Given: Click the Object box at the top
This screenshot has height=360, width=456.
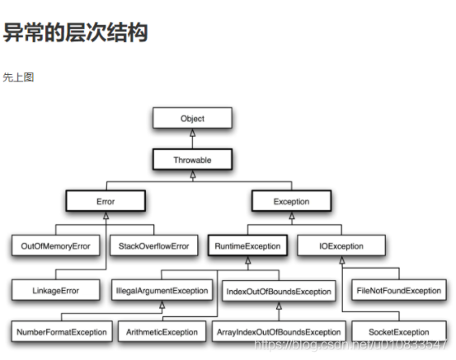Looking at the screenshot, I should pyautogui.click(x=192, y=119).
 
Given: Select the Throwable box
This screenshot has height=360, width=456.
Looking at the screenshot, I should pyautogui.click(x=192, y=159).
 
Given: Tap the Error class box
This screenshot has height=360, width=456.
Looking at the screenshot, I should pyautogui.click(x=106, y=201).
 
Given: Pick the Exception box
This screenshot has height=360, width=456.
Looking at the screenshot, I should pyautogui.click(x=291, y=201).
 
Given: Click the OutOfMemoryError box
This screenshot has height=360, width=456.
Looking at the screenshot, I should pyautogui.click(x=56, y=245).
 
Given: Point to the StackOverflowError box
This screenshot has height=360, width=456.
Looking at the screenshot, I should pyautogui.click(x=153, y=245).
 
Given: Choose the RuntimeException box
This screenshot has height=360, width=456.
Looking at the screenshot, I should pyautogui.click(x=248, y=245).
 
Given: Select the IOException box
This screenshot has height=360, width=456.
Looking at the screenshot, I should pyautogui.click(x=341, y=245).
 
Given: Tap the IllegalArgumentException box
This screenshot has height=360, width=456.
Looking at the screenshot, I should pyautogui.click(x=162, y=290).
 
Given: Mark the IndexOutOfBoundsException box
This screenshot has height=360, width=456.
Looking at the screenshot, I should pyautogui.click(x=278, y=291).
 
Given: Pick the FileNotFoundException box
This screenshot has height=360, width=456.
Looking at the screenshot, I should pyautogui.click(x=398, y=290).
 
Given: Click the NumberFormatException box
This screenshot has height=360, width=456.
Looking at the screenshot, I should pyautogui.click(x=62, y=332).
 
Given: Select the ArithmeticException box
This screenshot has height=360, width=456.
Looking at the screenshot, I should pyautogui.click(x=162, y=332).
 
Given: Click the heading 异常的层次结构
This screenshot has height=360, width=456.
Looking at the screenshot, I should pyautogui.click(x=75, y=33).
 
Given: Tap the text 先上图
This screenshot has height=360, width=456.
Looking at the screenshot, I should pyautogui.click(x=18, y=77).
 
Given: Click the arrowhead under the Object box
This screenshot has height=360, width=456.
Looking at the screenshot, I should pyautogui.click(x=192, y=133).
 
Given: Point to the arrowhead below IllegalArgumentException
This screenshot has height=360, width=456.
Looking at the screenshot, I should pyautogui.click(x=162, y=305).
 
